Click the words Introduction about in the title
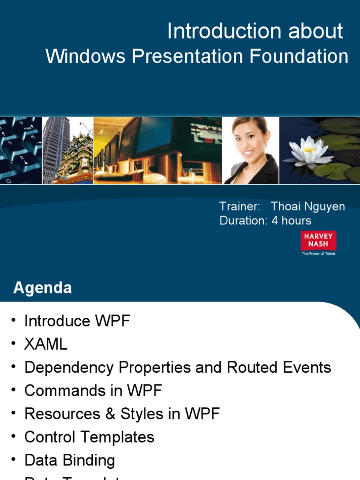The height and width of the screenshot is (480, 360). (x=255, y=32)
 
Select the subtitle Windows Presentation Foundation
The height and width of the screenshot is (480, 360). (x=197, y=57)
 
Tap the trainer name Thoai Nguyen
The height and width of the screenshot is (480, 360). (x=308, y=207)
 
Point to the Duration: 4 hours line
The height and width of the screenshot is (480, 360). (x=265, y=220)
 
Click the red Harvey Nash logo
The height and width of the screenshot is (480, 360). (x=318, y=240)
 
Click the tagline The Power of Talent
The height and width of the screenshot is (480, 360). (x=318, y=254)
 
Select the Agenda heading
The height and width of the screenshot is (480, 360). (x=43, y=287)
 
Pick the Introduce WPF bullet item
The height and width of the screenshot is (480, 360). (x=77, y=321)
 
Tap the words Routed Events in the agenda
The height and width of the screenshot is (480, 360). (x=279, y=367)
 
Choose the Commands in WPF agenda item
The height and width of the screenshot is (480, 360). (x=93, y=390)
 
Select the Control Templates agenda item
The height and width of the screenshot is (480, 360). (x=89, y=437)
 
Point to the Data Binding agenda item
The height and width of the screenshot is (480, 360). (x=69, y=460)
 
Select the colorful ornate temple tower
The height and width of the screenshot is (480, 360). (x=77, y=157)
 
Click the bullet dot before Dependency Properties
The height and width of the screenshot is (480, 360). (x=14, y=367)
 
